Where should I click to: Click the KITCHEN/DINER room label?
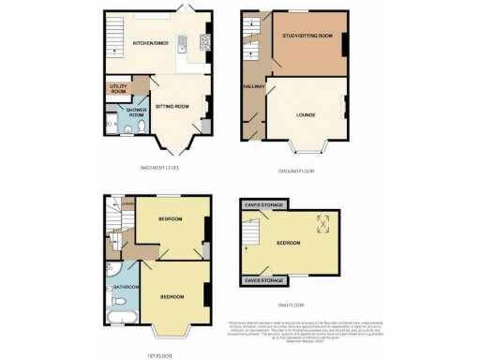pyautogui.click(x=150, y=43)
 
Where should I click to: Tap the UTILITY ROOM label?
pyautogui.click(x=118, y=88)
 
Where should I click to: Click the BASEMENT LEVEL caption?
pyautogui.click(x=158, y=168)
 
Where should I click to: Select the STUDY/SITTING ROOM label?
pyautogui.click(x=308, y=36)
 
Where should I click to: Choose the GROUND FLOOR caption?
pyautogui.click(x=292, y=171)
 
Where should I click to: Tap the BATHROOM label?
pyautogui.click(x=126, y=286)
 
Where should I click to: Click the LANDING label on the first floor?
pyautogui.click(x=115, y=198)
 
